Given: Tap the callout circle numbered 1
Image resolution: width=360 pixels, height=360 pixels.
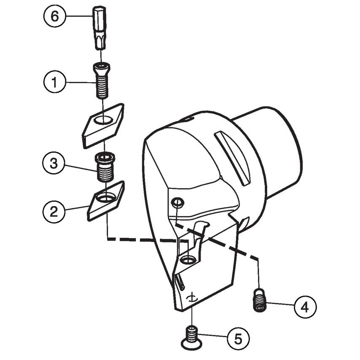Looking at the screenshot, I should tap(54, 83).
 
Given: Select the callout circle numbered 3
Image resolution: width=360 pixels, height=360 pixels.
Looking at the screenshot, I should tap(54, 164).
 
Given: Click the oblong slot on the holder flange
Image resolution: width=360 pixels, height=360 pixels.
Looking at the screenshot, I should tap(232, 158).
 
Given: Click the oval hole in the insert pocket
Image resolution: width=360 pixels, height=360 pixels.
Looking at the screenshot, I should tap(188, 261).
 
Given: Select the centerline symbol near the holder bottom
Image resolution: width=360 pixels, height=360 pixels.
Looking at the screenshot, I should tap(192, 298).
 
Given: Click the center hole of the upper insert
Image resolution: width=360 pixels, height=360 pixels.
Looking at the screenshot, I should tap(102, 121).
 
